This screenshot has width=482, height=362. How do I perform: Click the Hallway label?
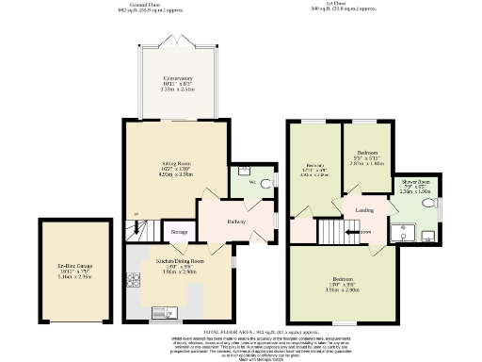tap(236, 222)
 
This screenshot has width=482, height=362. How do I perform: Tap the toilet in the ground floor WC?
tap(264, 182)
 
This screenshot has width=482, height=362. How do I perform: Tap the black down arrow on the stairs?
tap(351, 230)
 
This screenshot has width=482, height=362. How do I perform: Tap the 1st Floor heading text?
tap(351, 6)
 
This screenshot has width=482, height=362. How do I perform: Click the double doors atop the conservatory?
tap(177, 43)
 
